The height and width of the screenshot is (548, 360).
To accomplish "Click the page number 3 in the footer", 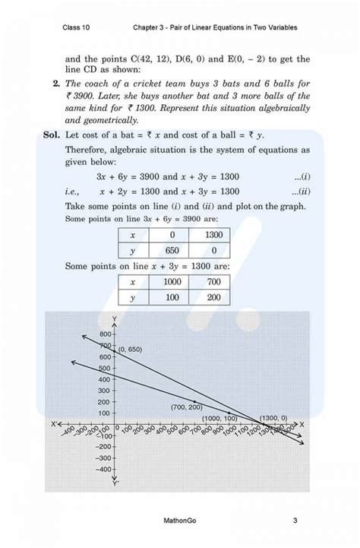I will [295, 521].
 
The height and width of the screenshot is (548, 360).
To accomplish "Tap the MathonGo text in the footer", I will [181, 521].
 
